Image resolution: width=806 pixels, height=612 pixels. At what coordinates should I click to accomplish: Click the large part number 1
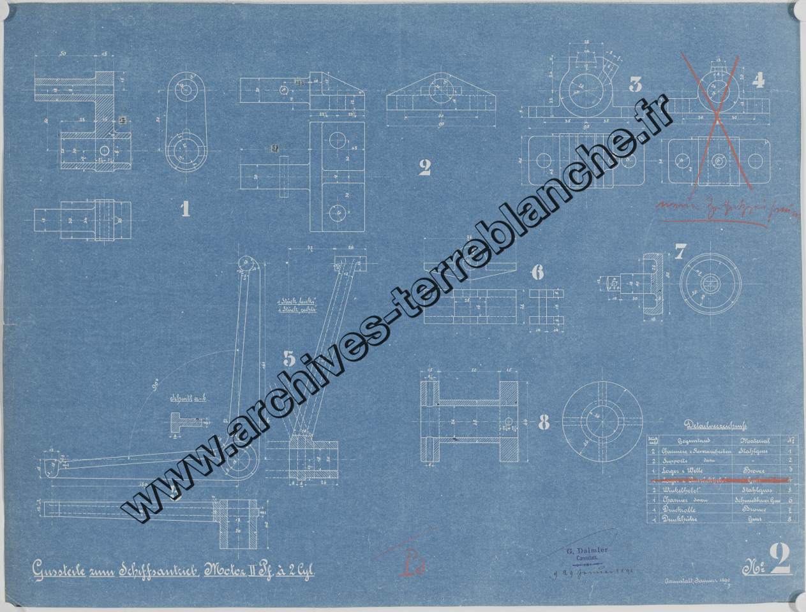[185, 208]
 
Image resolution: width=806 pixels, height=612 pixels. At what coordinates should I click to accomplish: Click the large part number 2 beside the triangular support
[425, 168]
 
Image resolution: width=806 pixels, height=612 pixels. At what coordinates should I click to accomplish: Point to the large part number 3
[635, 84]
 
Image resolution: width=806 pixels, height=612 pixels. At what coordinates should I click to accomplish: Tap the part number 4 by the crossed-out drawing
[758, 80]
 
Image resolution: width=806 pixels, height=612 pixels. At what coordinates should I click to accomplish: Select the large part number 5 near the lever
[290, 359]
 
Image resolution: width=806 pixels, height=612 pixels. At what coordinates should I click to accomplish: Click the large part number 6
[537, 273]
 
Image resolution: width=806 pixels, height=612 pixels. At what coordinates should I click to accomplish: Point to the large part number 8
[544, 422]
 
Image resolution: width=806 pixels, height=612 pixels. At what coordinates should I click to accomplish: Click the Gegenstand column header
[683, 440]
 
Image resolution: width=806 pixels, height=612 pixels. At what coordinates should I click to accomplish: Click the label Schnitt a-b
[185, 400]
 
